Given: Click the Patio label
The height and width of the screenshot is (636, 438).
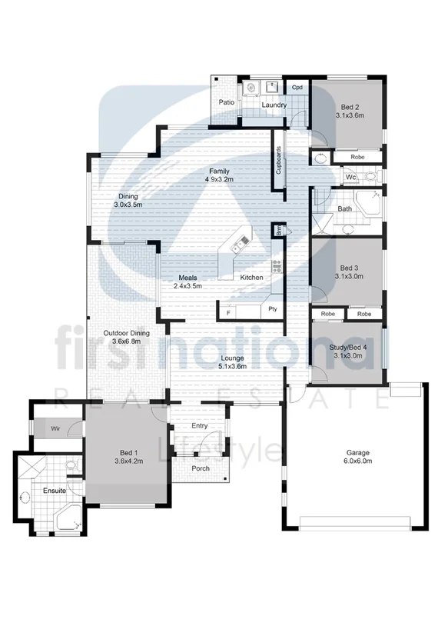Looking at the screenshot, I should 226,102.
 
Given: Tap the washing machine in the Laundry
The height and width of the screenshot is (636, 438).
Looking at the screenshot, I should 250,90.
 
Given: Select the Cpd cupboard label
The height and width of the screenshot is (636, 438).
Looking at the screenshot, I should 297,87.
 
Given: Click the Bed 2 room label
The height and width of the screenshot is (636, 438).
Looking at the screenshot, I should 348,106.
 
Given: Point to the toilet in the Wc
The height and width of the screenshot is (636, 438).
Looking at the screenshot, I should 370,176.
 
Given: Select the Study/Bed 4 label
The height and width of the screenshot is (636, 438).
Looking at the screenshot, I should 348,347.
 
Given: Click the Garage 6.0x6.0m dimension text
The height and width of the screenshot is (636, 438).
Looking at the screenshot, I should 357,461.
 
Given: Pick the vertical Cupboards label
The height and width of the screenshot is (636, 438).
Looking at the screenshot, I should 278,162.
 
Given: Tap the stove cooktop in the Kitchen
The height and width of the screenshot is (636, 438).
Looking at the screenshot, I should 275,268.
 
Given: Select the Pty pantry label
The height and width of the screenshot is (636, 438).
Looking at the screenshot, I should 272,310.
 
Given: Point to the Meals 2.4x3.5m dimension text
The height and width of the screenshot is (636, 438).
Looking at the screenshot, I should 188,286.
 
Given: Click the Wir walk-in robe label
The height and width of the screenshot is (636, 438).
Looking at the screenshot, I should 56,428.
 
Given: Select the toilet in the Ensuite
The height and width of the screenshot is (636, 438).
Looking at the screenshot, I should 71,466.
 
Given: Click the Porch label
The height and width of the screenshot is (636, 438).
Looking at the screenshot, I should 200,468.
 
